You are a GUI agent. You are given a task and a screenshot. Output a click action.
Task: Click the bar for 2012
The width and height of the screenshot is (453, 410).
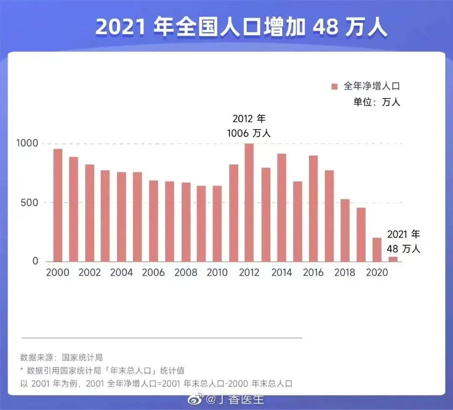249,203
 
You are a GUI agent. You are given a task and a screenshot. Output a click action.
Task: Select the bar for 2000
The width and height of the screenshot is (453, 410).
58,205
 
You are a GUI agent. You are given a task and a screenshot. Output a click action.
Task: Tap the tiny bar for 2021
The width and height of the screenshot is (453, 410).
393,259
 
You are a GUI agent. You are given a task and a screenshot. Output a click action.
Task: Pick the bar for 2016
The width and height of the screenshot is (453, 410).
313,209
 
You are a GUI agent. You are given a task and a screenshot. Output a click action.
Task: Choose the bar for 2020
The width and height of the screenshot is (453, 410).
377,250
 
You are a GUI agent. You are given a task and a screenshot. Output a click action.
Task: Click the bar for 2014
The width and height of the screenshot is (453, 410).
281,208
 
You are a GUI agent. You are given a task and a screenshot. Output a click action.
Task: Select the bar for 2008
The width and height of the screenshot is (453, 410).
186,222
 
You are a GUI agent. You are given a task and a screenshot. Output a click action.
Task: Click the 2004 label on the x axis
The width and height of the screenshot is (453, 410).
122,273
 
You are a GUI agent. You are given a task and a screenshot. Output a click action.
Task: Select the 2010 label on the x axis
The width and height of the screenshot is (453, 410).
217,273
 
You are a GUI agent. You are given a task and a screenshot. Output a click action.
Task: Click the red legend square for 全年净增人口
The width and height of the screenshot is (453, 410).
334,87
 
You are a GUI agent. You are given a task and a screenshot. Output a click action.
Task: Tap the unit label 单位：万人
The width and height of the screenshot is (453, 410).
376,102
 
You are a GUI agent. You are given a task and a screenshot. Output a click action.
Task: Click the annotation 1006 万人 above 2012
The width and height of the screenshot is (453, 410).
249,133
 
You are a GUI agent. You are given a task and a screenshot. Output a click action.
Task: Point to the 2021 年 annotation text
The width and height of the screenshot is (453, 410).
403,234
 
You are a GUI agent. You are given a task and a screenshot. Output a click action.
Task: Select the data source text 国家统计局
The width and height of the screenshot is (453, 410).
82,358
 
